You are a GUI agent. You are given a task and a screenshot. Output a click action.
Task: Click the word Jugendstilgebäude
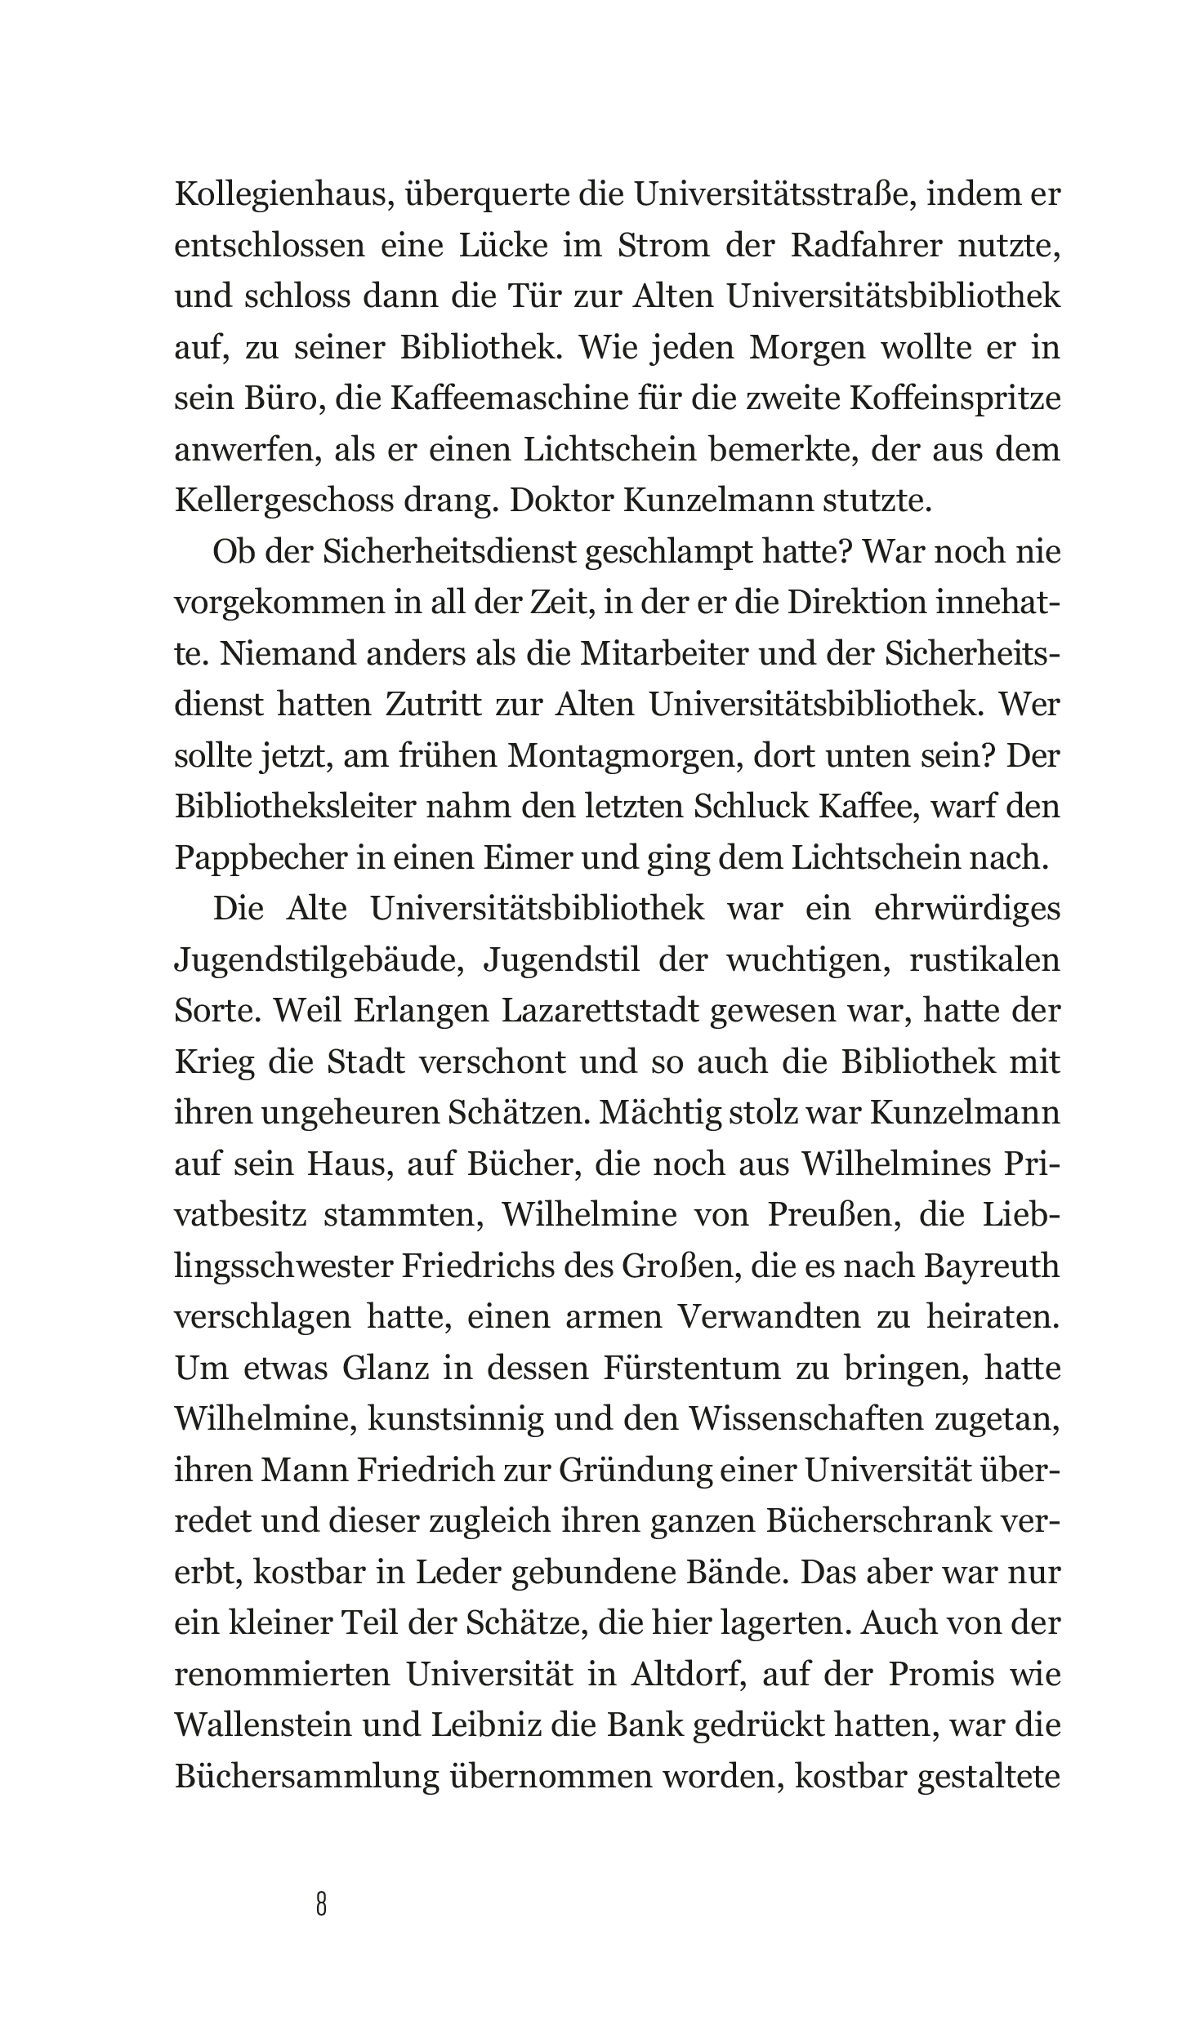[x=319, y=960]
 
